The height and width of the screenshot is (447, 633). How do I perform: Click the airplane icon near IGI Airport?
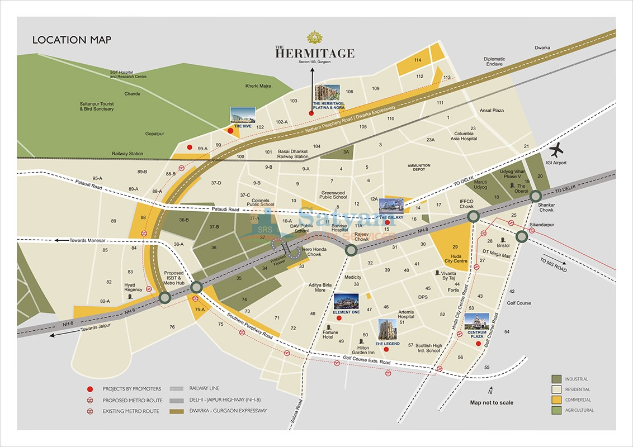tap(558, 151)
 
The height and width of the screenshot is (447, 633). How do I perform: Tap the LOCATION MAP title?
tap(72, 40)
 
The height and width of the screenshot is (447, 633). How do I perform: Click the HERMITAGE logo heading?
tap(314, 53)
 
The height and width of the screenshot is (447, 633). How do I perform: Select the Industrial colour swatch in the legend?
tap(556, 379)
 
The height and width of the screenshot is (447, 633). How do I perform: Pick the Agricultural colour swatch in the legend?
tap(556, 410)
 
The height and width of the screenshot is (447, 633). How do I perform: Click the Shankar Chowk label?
tap(546, 207)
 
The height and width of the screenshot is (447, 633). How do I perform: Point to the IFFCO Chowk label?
tap(466, 203)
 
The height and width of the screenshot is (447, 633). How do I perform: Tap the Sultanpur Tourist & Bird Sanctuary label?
tap(97, 106)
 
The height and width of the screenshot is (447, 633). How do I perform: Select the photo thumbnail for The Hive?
tap(243, 115)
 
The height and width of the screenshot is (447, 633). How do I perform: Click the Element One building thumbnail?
tap(347, 302)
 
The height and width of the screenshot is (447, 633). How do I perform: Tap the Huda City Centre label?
tap(456, 258)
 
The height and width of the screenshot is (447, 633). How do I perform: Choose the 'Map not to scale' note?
tap(492, 402)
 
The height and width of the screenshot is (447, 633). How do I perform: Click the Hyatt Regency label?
tap(133, 287)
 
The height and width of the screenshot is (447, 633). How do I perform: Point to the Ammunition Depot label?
tap(419, 168)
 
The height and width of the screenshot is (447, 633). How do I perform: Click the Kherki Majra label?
tap(258, 86)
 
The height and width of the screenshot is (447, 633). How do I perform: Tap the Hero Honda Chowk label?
tap(311, 252)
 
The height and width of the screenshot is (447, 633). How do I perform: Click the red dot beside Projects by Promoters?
tap(89, 389)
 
